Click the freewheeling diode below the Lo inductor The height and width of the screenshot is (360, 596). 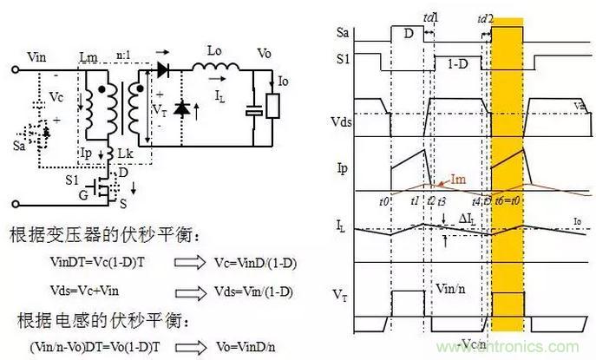pyautogui.click(x=182, y=108)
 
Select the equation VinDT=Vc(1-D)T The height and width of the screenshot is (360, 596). pyautogui.click(x=82, y=260)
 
